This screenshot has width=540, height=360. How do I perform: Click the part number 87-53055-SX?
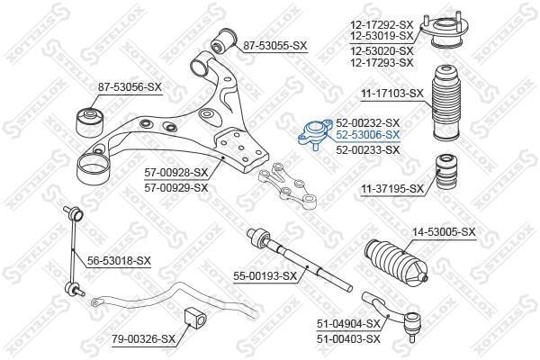[x=274, y=46]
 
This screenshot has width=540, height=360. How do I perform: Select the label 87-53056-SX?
[x=130, y=87]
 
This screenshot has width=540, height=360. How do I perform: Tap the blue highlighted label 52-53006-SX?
[x=368, y=135]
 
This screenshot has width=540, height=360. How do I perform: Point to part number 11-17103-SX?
[x=391, y=94]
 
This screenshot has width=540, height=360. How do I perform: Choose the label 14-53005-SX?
[x=444, y=232]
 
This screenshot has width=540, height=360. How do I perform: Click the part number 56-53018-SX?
[x=119, y=261]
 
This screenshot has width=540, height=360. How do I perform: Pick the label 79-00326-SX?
[x=143, y=339]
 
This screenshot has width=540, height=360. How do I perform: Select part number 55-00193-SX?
[x=265, y=276]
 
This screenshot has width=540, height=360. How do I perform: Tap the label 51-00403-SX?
[x=348, y=339]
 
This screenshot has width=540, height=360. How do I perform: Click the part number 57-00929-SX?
[x=176, y=188]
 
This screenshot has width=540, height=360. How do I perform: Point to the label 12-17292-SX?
[x=382, y=25]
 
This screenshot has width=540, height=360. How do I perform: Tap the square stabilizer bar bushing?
[x=195, y=316]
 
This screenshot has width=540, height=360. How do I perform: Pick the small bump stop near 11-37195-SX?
[x=447, y=171]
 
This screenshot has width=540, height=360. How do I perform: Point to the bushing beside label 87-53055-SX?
[x=223, y=41]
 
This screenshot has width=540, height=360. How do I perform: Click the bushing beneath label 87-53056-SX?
[x=90, y=122]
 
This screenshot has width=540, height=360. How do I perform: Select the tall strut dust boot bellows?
[x=445, y=103]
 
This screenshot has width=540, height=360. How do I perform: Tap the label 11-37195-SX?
[x=391, y=189]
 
